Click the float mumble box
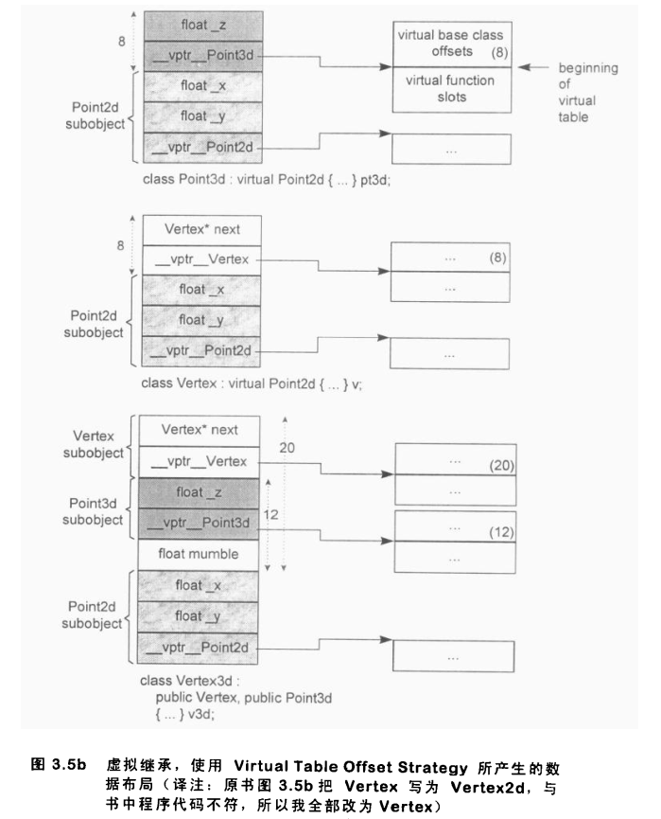pos(198,553)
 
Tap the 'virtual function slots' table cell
pos(450,89)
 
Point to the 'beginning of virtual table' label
pos(587,93)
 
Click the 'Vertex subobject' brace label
pos(94,444)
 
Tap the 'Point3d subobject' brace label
pos(94,511)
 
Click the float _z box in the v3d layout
pos(198,492)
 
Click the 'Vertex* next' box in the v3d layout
pos(198,430)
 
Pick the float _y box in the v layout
pos(198,320)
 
